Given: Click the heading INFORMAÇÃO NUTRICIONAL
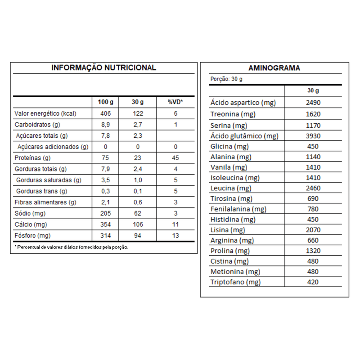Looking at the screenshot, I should tap(103, 68).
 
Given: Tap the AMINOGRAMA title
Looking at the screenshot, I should tap(274, 68).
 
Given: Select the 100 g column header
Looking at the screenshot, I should tap(105, 102).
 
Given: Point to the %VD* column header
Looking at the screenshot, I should tap(175, 102).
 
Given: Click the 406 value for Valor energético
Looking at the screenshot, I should tap(105, 113).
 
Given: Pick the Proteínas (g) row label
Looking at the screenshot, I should tap(33, 158).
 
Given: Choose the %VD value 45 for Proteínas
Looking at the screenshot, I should tap(175, 158).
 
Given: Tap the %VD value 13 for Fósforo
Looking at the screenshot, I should tap(175, 236).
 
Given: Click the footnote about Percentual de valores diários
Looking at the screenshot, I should tap(72, 247).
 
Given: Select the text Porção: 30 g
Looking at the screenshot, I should tap(226, 79).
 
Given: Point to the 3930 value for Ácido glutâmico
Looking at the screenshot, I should tap(313, 136).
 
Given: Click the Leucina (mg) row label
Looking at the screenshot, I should tap(231, 188).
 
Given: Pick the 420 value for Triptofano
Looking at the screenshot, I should tap(313, 282).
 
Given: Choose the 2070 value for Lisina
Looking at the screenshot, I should tap(313, 230).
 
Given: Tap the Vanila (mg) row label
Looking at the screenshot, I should tap(229, 167).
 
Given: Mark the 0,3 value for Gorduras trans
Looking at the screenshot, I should tap(105, 191).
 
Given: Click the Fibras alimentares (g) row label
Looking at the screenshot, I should tap(45, 202).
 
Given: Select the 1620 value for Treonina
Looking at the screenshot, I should tap(313, 114).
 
